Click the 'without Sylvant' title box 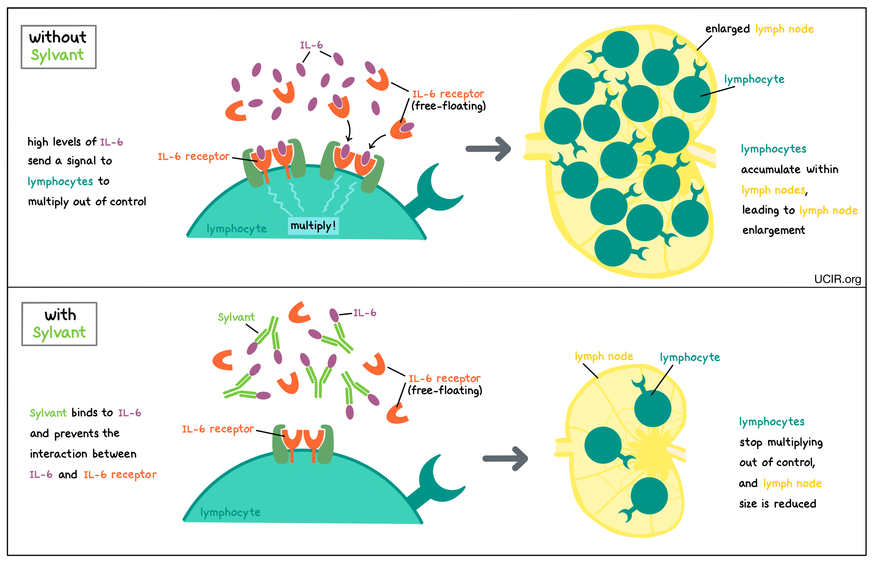(59, 47)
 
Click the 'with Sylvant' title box (59, 324)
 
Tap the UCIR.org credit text (837, 279)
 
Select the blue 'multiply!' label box (313, 226)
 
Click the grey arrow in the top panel (488, 149)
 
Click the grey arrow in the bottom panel (505, 459)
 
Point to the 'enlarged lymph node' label (759, 29)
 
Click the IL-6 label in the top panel (311, 45)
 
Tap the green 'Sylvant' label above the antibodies (236, 317)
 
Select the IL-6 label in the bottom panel (364, 313)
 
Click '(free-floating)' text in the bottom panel (445, 390)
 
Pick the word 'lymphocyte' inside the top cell (236, 229)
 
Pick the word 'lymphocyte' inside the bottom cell (230, 513)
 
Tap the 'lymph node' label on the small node (604, 357)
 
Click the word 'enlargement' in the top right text (773, 230)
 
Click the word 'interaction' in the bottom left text (59, 454)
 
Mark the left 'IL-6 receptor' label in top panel (193, 157)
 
